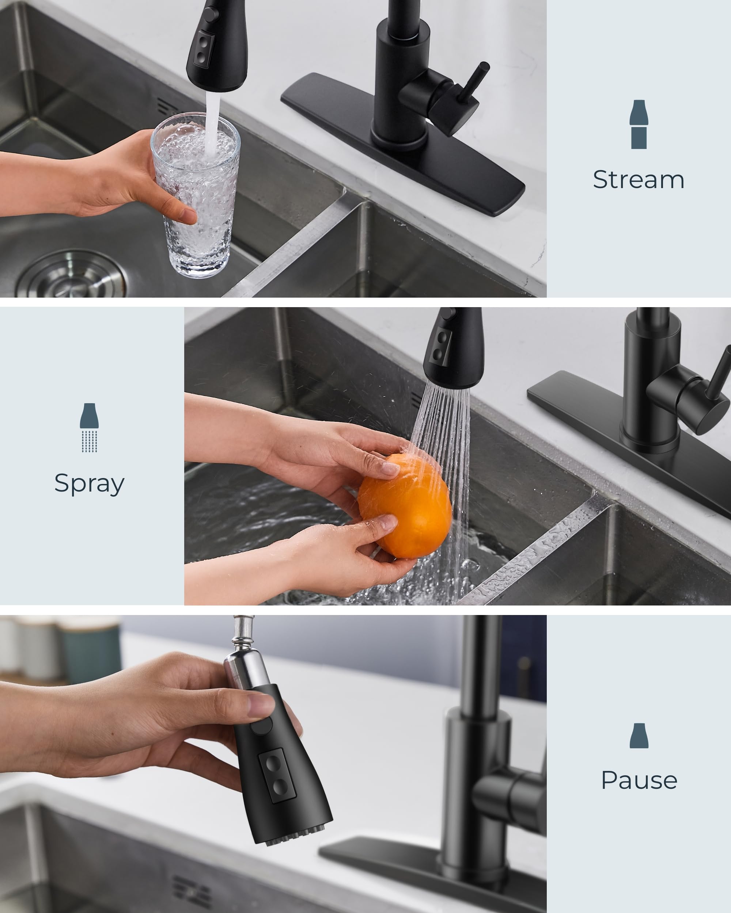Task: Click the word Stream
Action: tap(639, 180)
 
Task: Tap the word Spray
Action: tap(90, 483)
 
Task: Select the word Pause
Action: tap(639, 780)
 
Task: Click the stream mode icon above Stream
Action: tap(639, 124)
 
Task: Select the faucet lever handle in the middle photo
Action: tap(720, 373)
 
